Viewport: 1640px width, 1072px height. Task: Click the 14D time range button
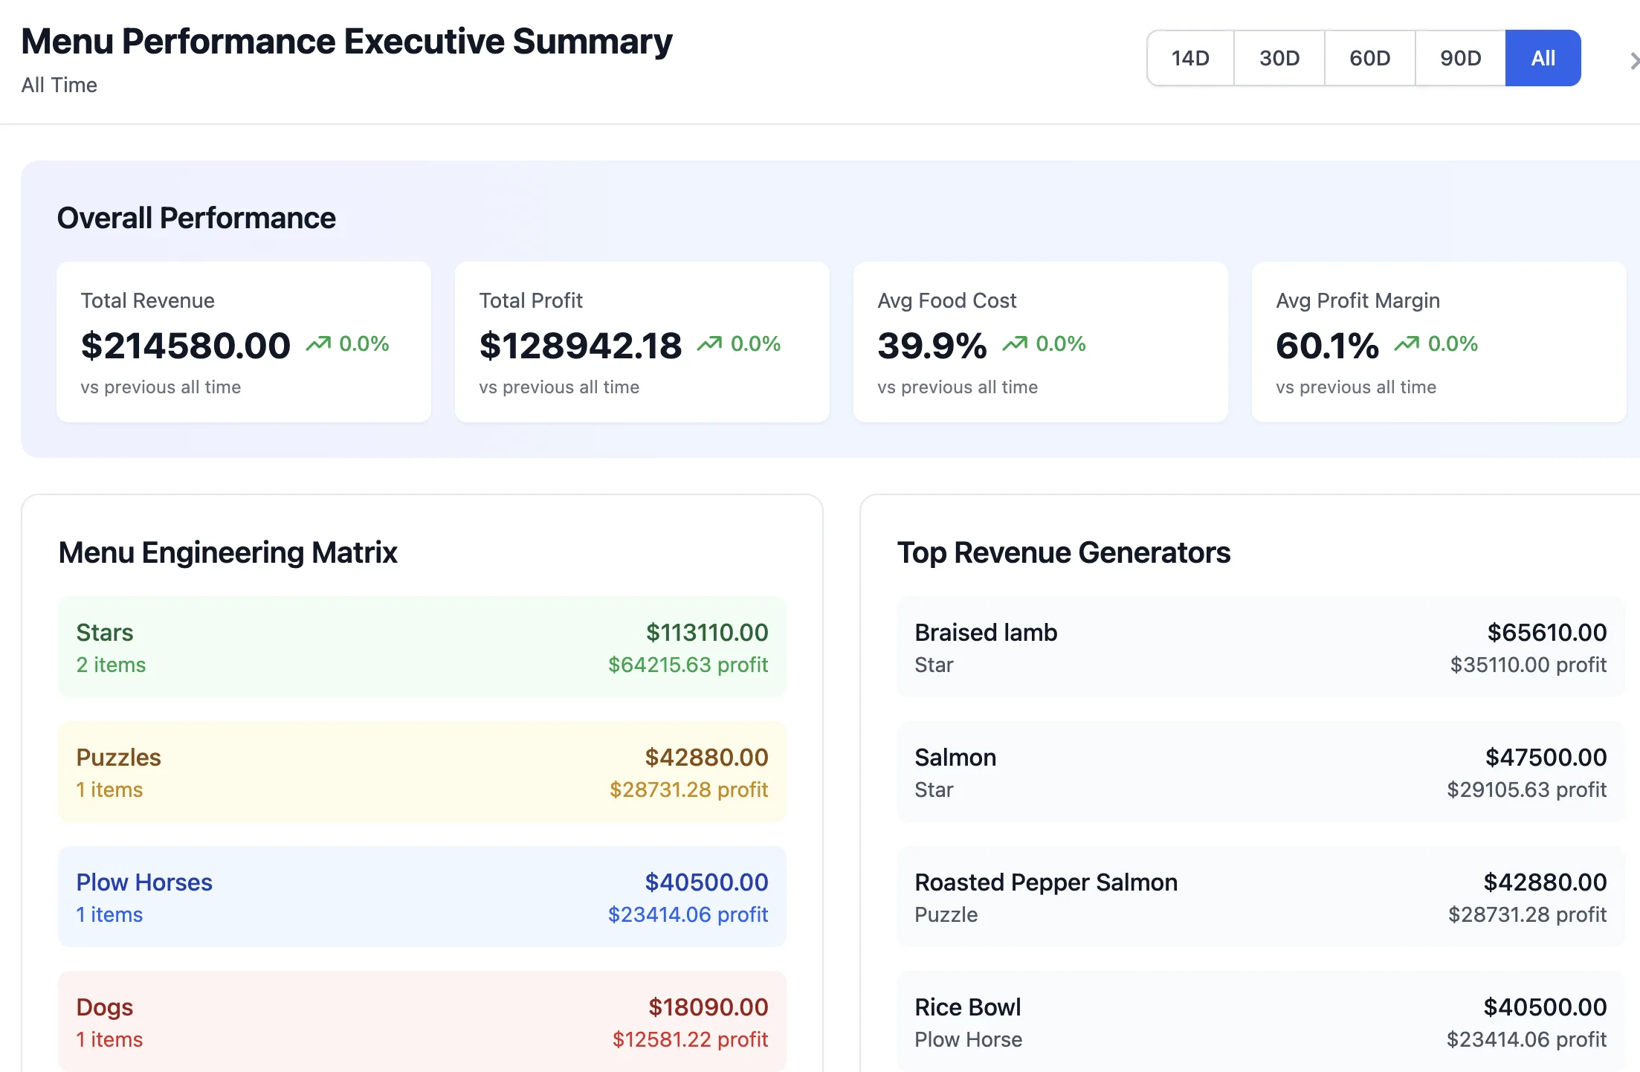click(x=1190, y=58)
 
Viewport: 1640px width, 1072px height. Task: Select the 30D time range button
click(x=1279, y=58)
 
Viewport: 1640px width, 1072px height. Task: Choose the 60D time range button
click(x=1370, y=58)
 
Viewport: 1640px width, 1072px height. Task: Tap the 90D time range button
click(x=1461, y=58)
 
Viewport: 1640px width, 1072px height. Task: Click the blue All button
click(x=1543, y=58)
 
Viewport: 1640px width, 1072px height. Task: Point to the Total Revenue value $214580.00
click(x=186, y=346)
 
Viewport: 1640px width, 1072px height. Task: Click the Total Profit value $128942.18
click(x=581, y=346)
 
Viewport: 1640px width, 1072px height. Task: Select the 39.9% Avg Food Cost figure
click(x=932, y=346)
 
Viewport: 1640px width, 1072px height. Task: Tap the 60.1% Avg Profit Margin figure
click(x=1328, y=346)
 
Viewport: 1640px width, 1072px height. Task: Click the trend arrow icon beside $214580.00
click(x=318, y=343)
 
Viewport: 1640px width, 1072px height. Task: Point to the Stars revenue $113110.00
click(x=707, y=633)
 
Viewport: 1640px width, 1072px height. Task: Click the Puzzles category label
click(x=119, y=758)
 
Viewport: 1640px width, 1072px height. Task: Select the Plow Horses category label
click(x=144, y=882)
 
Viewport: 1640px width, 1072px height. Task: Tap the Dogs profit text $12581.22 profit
click(x=691, y=1039)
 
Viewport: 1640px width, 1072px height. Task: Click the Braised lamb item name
click(x=986, y=633)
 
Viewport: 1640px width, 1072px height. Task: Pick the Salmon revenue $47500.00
click(x=1546, y=758)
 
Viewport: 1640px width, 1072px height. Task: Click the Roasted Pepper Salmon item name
click(x=1046, y=882)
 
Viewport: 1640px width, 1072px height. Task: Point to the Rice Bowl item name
click(x=968, y=1007)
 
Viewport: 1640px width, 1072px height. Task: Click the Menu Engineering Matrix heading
click(x=228, y=552)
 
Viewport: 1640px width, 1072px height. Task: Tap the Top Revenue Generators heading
click(x=1064, y=552)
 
